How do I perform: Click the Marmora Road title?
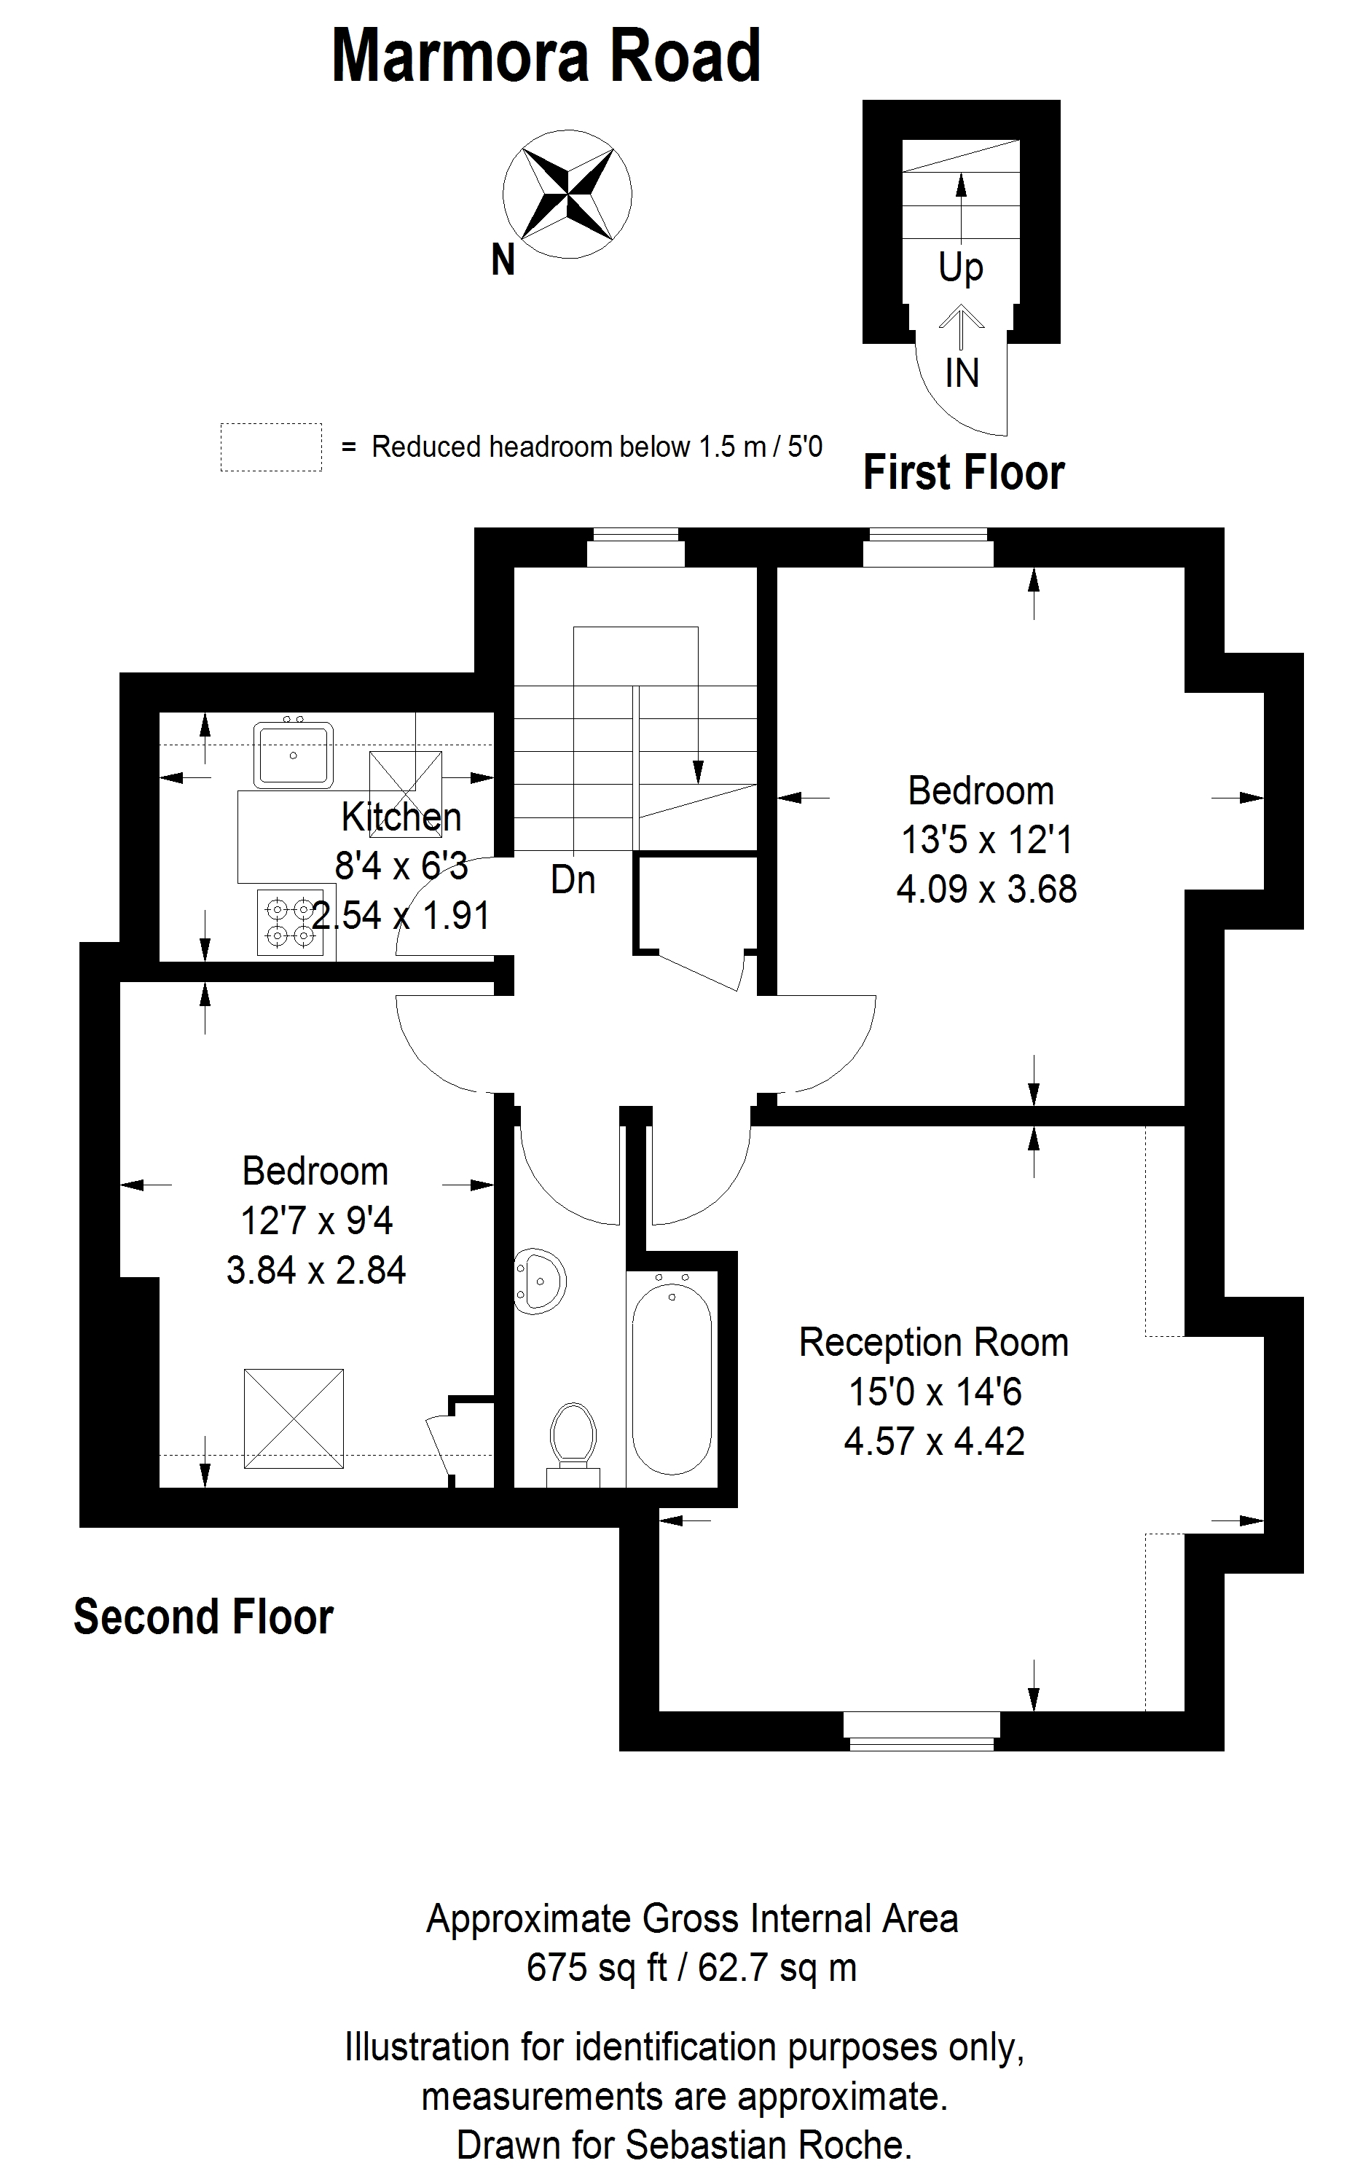(x=546, y=56)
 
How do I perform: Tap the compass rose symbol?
(x=567, y=194)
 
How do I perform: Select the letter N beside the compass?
(x=503, y=261)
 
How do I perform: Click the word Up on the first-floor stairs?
(x=961, y=267)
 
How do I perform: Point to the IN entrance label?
(x=962, y=372)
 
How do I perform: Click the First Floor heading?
(x=964, y=472)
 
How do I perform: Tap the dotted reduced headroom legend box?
(x=271, y=447)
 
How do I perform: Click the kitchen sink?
(x=293, y=753)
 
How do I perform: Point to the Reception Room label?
(x=934, y=1342)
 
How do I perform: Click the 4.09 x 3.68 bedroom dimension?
(x=986, y=890)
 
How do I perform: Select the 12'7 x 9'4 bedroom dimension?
(x=316, y=1221)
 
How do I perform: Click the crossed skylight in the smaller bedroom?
(x=294, y=1418)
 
